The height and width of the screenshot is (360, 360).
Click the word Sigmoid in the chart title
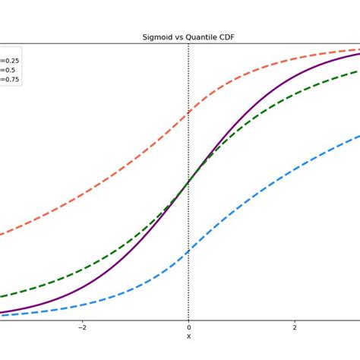coord(156,36)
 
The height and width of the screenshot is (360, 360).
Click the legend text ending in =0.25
coord(10,60)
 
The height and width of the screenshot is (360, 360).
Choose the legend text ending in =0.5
coord(8,69)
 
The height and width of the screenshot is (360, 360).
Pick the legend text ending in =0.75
coord(10,78)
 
